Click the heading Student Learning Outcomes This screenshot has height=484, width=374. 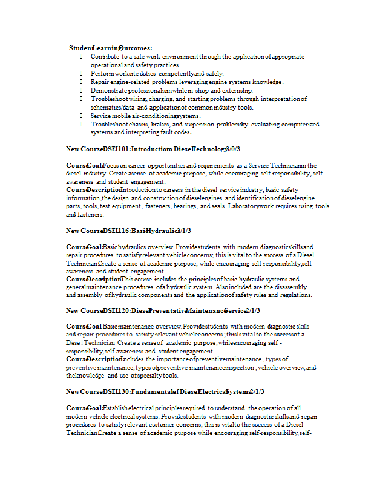[110, 48]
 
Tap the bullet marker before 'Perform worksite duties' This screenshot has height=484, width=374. [81, 73]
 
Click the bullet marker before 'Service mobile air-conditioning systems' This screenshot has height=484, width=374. [81, 116]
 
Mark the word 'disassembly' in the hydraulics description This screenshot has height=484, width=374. [283, 287]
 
